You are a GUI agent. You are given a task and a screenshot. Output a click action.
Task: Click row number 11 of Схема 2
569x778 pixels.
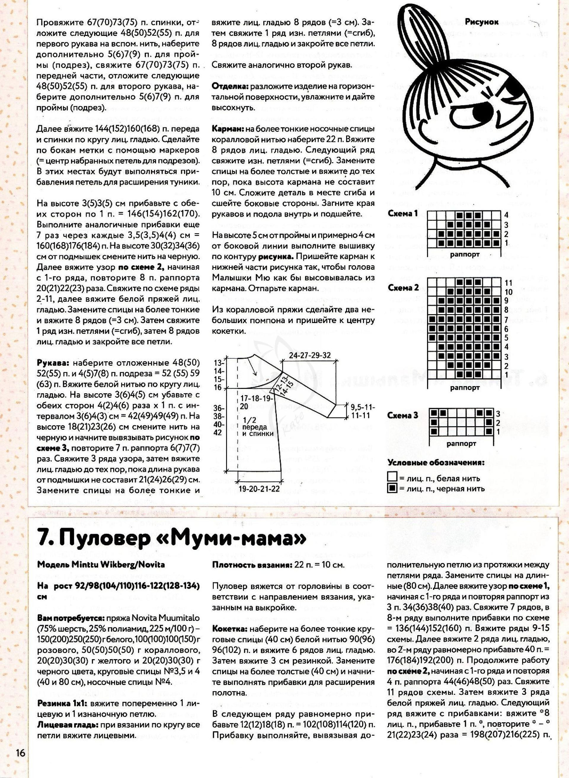pyautogui.click(x=508, y=283)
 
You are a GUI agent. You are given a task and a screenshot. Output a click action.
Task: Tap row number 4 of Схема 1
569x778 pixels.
pyautogui.click(x=506, y=215)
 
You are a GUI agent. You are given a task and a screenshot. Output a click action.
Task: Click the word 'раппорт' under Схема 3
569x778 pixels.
pyautogui.click(x=461, y=444)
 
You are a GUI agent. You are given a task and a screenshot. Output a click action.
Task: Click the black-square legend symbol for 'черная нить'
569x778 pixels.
pyautogui.click(x=391, y=488)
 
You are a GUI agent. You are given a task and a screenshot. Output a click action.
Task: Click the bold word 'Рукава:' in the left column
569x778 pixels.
pyautogui.click(x=53, y=363)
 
